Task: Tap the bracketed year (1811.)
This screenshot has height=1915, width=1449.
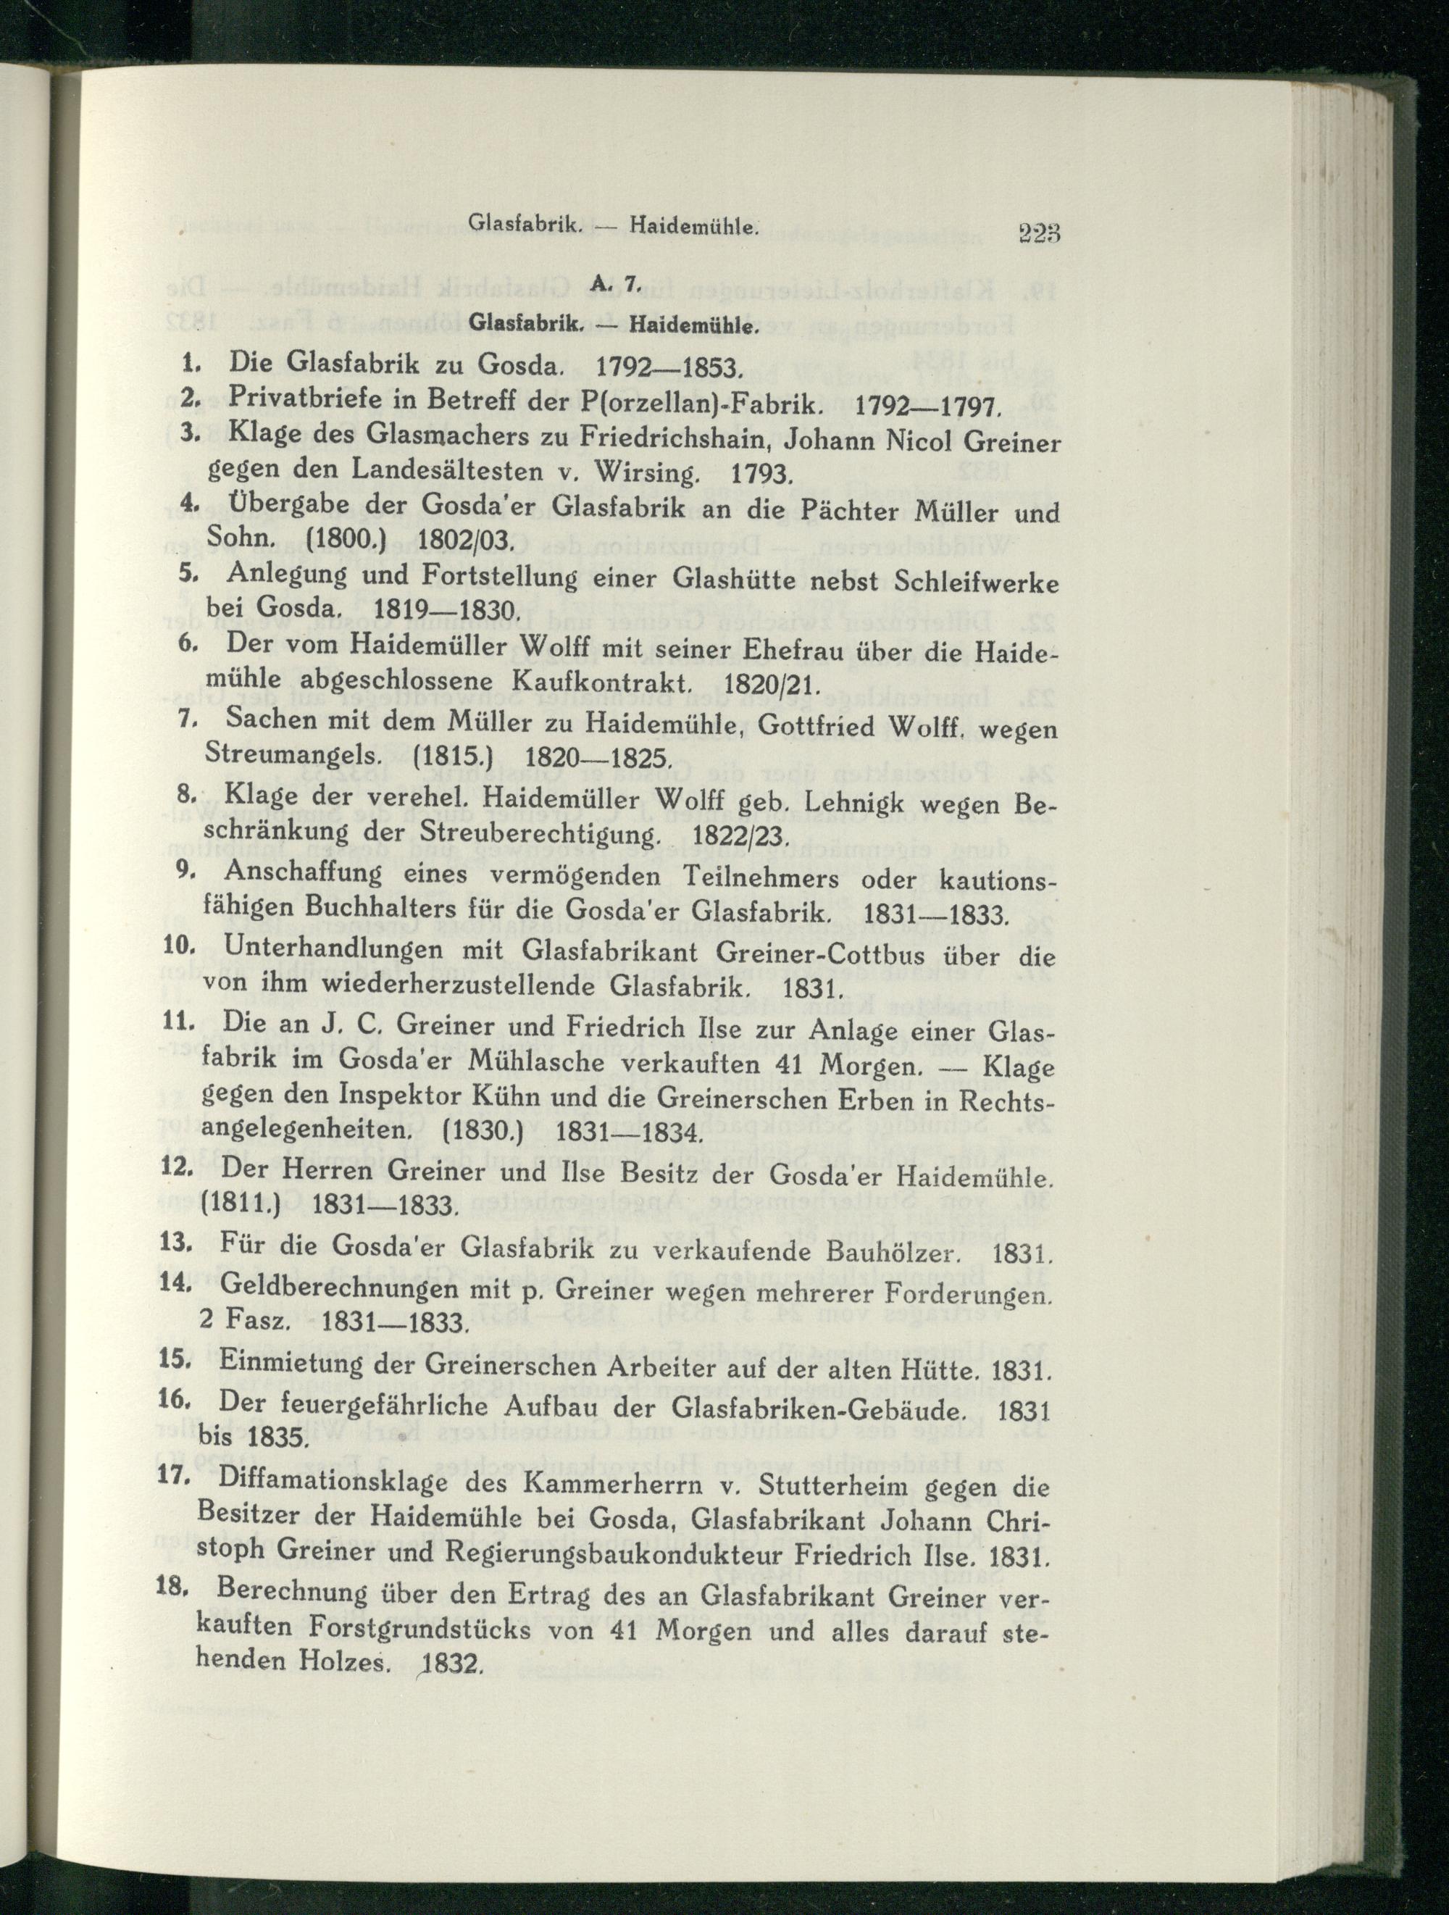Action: [x=244, y=1205]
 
